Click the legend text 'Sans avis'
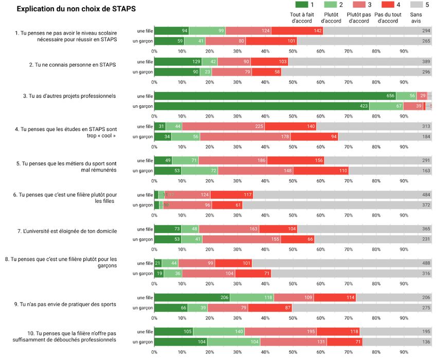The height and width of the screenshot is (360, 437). click(x=416, y=18)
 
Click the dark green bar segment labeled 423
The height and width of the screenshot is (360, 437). click(x=262, y=106)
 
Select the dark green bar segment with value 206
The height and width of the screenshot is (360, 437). click(x=192, y=297)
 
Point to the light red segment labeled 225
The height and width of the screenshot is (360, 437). click(x=223, y=126)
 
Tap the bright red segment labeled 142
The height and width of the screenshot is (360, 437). click(x=297, y=31)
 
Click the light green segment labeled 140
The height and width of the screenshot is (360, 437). click(x=219, y=331)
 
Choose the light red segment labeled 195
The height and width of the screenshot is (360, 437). click(x=280, y=331)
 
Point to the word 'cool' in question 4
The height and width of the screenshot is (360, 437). click(x=105, y=136)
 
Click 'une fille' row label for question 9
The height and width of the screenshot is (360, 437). click(x=145, y=297)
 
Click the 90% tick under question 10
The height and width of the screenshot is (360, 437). click(x=404, y=352)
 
